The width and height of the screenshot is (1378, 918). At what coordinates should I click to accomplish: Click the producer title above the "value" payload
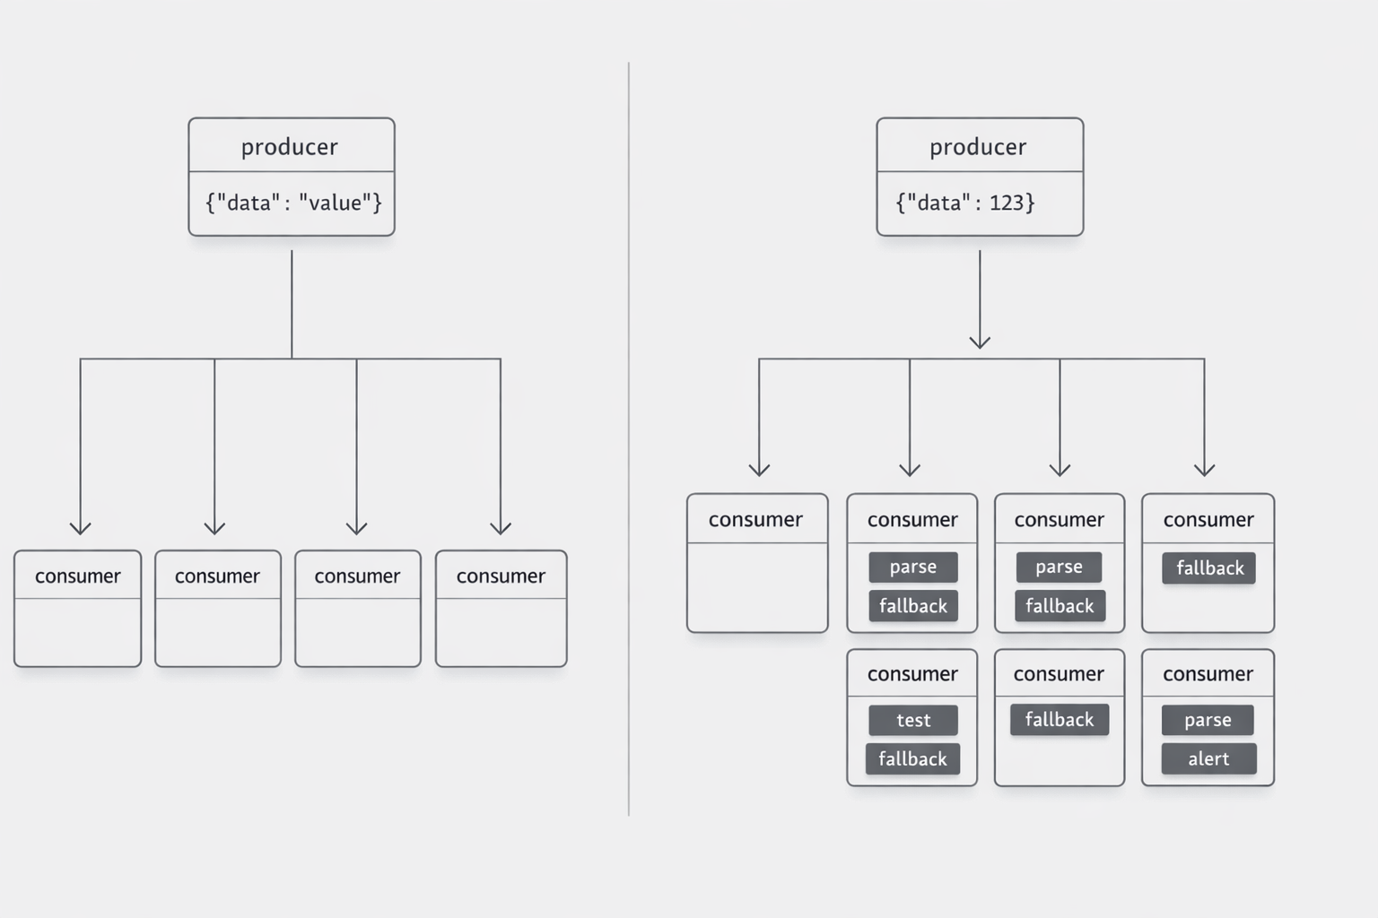tap(290, 146)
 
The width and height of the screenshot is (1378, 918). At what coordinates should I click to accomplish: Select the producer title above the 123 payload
tap(978, 146)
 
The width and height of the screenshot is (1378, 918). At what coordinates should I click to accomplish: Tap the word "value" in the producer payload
tap(335, 203)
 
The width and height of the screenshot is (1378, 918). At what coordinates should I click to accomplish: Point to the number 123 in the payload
tap(1006, 203)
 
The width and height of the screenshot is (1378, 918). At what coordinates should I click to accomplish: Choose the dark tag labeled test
tap(913, 720)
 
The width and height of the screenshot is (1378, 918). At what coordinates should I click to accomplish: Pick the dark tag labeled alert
tap(1208, 758)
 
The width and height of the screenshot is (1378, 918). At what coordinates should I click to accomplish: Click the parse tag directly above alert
tap(1208, 720)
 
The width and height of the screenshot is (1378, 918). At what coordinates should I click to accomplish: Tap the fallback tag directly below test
tap(912, 758)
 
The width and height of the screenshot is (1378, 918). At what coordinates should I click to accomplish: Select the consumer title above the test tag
tap(912, 674)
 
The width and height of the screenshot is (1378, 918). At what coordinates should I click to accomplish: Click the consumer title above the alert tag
tap(1208, 674)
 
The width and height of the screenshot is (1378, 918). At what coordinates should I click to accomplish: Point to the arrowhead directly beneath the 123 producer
tap(980, 342)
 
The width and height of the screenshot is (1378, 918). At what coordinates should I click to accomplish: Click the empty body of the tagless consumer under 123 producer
tap(757, 586)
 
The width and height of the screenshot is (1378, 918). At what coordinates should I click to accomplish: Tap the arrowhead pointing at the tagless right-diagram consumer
tap(759, 470)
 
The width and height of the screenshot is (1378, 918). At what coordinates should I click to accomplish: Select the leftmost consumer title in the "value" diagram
tap(78, 576)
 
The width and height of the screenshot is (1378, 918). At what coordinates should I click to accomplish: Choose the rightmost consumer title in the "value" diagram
tap(501, 576)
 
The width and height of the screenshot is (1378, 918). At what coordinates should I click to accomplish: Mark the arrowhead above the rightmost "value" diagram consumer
tap(501, 527)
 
